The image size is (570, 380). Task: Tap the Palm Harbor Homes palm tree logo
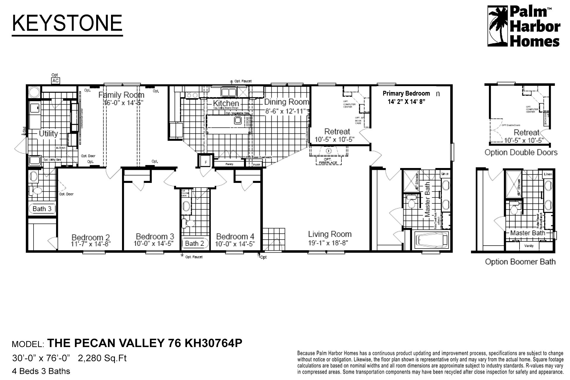click(498, 26)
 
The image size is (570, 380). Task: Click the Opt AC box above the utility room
click(55, 81)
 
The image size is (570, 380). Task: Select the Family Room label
click(121, 95)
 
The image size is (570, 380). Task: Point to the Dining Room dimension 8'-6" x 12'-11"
click(285, 112)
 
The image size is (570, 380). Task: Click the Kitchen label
click(226, 103)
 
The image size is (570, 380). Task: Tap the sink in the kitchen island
click(238, 120)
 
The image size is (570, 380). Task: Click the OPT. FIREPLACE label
click(328, 161)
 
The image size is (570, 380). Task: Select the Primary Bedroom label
click(406, 94)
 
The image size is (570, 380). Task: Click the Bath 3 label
click(42, 209)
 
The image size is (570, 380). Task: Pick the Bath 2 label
click(194, 243)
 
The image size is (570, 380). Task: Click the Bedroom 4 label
click(235, 237)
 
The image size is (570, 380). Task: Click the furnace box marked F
click(206, 162)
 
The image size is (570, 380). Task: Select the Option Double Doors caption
click(521, 153)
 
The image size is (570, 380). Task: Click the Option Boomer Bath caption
click(520, 262)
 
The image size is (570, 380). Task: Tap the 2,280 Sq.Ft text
click(102, 358)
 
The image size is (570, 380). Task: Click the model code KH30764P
click(213, 343)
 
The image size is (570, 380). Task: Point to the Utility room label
click(48, 134)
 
